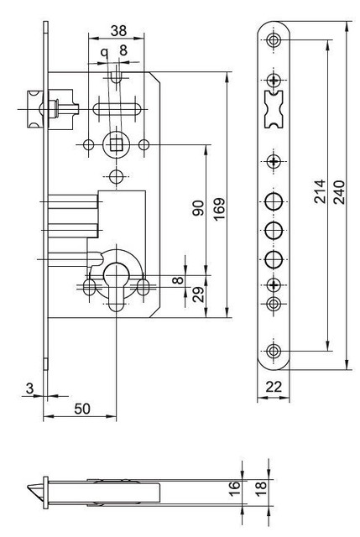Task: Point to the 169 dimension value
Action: click(x=217, y=208)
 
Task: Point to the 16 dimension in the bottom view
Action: click(x=234, y=485)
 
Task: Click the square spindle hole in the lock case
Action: click(x=115, y=144)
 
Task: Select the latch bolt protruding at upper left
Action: click(x=30, y=108)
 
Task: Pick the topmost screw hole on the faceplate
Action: click(x=274, y=42)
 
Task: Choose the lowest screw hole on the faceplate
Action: click(x=274, y=352)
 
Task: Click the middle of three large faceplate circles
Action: click(x=274, y=230)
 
